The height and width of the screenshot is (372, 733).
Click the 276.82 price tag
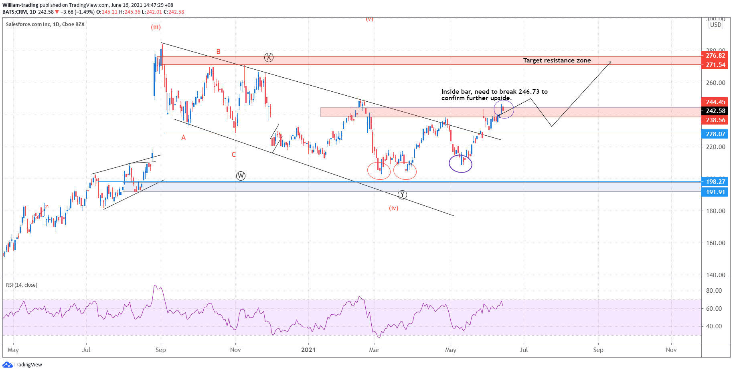[x=715, y=56]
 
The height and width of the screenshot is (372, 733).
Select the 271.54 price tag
[x=715, y=65]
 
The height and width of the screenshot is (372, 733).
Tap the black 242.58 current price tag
[x=715, y=111]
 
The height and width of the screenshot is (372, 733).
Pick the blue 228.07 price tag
[x=715, y=134]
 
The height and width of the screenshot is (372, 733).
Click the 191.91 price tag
[x=715, y=192]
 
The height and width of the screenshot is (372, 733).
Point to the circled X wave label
[x=269, y=58]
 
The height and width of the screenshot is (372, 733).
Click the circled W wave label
[x=241, y=176]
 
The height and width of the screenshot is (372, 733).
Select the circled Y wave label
[x=402, y=195]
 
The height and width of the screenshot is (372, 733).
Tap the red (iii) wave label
[x=156, y=27]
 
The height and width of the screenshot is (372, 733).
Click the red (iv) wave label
[x=393, y=208]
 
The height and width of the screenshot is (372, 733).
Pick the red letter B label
[x=218, y=52]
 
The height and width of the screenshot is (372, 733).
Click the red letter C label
[x=234, y=155]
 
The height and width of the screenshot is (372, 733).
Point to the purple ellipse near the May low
[x=460, y=163]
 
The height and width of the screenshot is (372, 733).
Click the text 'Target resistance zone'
[x=557, y=60]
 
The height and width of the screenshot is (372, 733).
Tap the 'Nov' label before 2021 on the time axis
[x=235, y=350]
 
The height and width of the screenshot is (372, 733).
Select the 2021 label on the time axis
[x=308, y=350]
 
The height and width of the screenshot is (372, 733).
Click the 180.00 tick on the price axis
[x=715, y=211]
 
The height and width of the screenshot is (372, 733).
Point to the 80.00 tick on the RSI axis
[x=714, y=291]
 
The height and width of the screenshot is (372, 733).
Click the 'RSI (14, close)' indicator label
[x=22, y=285]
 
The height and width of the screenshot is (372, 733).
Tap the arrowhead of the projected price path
[x=610, y=62]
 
